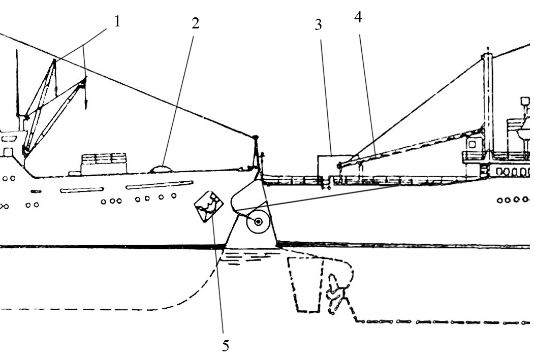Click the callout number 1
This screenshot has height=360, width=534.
point(117,22)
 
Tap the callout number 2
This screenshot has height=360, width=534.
point(195,23)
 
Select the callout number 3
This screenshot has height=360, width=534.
point(319,25)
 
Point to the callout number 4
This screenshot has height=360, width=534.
point(358,17)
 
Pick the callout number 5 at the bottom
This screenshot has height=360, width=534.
point(226,346)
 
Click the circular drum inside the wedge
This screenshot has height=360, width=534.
point(258,222)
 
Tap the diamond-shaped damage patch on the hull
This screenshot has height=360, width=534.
point(209,206)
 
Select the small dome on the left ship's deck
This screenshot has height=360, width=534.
point(161,169)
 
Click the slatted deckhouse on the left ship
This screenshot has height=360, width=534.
point(104,163)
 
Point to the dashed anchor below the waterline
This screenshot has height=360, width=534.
point(336,294)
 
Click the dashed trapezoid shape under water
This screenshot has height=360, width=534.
point(305,284)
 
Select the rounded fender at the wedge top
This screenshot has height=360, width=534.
point(247,196)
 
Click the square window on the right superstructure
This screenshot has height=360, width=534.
point(472,144)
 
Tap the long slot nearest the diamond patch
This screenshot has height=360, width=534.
point(160,185)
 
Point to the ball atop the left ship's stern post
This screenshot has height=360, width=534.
point(256,138)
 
